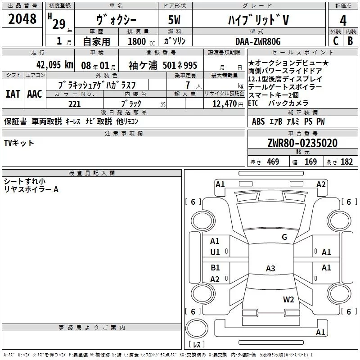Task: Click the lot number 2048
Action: tap(22, 18)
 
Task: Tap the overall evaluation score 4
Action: tap(343, 20)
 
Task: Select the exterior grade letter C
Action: tap(335, 40)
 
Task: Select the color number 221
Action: tap(74, 104)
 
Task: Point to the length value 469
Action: tap(273, 162)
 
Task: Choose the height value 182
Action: tap(346, 162)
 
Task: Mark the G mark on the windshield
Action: tap(284, 237)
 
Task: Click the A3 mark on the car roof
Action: tap(270, 269)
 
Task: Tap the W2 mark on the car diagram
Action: tap(288, 299)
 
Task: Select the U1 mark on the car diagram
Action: tap(215, 252)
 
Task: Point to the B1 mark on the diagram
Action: tap(215, 268)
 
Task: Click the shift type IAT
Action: tap(13, 94)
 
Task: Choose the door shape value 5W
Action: tap(175, 20)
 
